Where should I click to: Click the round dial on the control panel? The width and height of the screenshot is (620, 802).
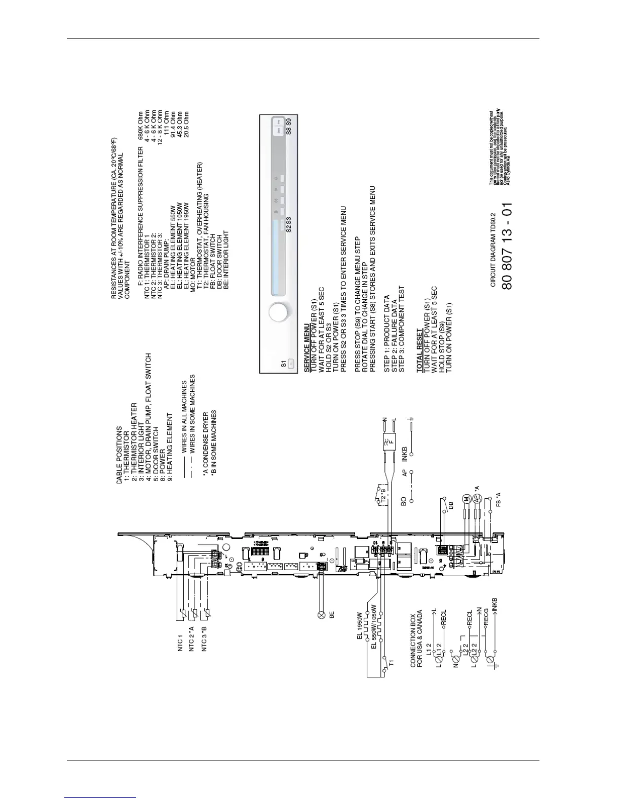tap(279, 312)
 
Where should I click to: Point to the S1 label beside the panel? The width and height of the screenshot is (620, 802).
tap(284, 364)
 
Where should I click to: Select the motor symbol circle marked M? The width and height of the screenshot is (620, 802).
tap(466, 500)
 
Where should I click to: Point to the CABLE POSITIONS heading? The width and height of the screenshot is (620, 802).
tap(119, 455)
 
